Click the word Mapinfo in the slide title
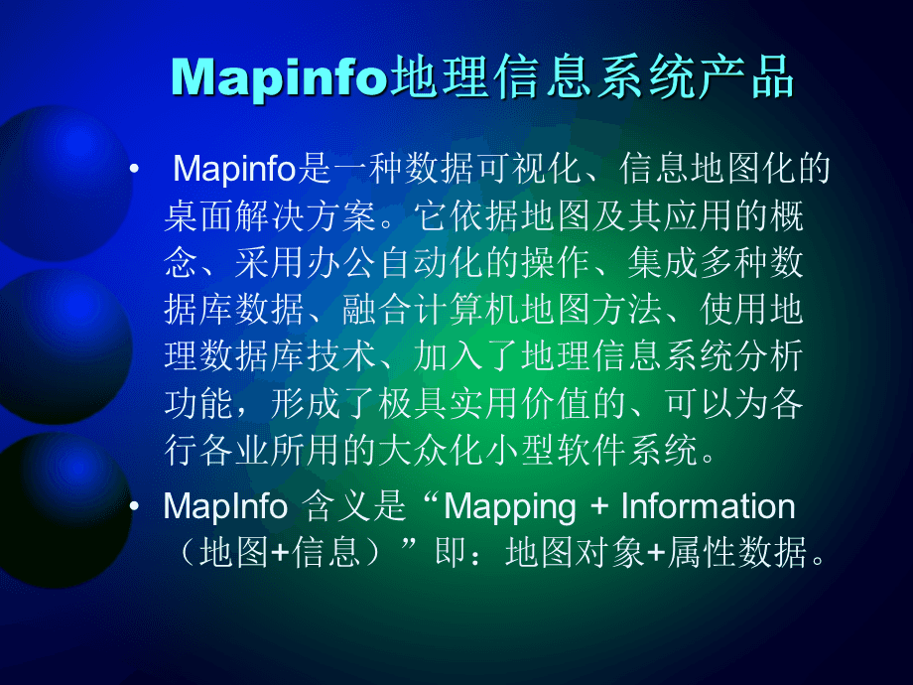click(x=277, y=76)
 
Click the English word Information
click(x=708, y=507)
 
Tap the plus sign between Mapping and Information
click(x=598, y=507)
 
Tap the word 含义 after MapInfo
click(x=334, y=507)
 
